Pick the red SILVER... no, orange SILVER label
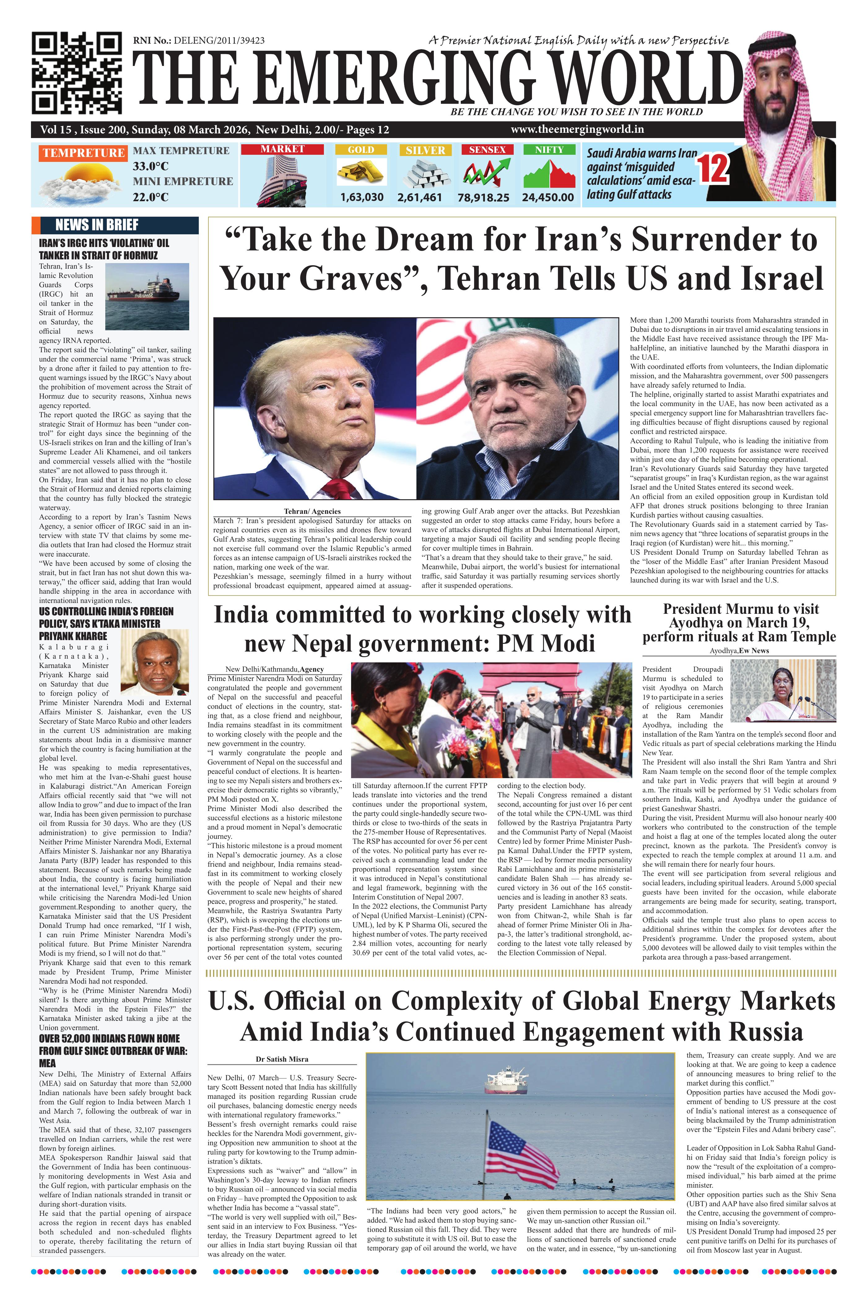pos(425,150)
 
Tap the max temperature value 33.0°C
pos(150,166)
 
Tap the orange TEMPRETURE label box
pos(83,153)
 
